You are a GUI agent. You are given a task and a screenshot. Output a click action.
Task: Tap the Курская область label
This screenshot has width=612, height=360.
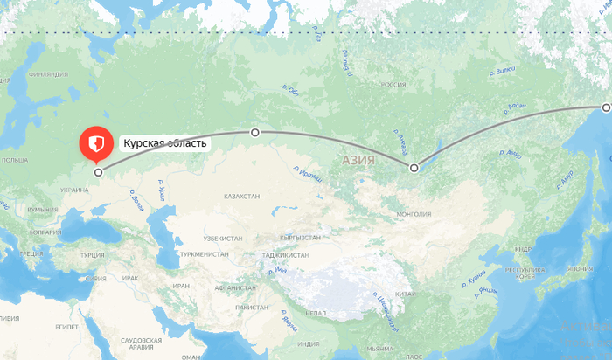pos(165,143)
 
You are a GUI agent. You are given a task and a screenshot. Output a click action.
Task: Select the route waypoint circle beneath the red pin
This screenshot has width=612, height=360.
pos(98,172)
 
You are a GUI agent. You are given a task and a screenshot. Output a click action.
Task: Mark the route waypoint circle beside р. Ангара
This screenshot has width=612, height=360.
pos(414,166)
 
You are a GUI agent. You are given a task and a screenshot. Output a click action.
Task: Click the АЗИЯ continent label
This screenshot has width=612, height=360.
pos(358,161)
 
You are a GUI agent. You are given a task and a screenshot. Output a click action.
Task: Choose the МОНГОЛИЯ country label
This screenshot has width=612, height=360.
pos(414,213)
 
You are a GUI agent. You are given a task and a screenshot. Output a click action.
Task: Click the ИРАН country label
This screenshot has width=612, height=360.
pos(181,286)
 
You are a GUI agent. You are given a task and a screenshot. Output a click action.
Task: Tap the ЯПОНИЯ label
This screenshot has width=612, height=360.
pos(580,268)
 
